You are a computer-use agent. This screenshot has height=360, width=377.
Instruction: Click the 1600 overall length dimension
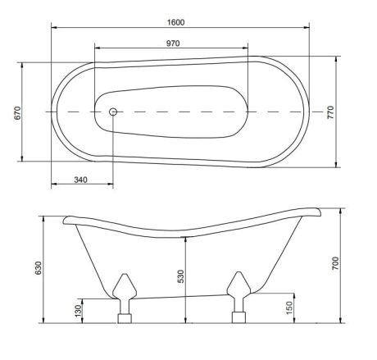pos(175,22)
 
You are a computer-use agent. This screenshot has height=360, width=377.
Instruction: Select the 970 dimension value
pos(173,43)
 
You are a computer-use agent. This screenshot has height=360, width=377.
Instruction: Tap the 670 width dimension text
pos(17,113)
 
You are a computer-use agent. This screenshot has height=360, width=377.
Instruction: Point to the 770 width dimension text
pos(330,112)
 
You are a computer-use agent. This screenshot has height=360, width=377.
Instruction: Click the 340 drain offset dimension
pos(81,180)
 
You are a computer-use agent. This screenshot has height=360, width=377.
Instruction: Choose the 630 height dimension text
pos(39,268)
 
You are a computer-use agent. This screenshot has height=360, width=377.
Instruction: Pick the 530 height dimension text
pos(181,276)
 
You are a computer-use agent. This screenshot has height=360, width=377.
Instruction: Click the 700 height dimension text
pos(335,263)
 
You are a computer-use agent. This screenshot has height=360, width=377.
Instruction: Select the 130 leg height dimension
pos(78,311)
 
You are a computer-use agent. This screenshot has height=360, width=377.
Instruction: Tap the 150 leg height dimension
pos(289,308)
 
